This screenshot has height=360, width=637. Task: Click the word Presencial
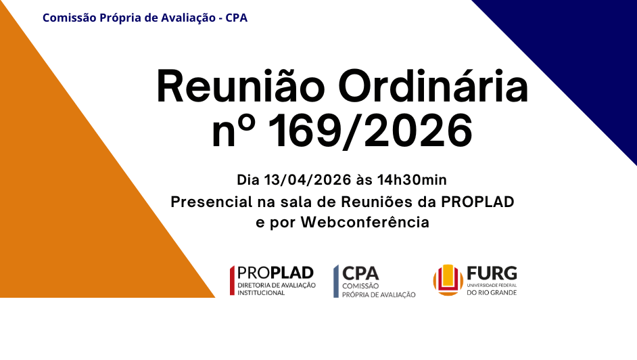pos(207,202)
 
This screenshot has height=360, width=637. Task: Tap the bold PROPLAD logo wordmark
pos(276,272)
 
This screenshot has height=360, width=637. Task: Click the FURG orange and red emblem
pos(448,280)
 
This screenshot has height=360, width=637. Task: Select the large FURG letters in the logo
pos(492,273)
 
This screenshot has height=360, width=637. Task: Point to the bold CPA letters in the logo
pos(360,273)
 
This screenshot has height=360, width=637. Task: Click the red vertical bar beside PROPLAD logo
pos(233,281)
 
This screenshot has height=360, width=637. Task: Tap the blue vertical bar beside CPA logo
pos(335,281)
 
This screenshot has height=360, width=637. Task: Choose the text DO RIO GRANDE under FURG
pos(492,292)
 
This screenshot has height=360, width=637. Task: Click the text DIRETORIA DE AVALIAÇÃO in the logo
pos(275,285)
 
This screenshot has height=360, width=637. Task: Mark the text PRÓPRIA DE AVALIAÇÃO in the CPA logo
pos(379,294)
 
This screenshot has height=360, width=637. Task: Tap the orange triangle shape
pos(81,203)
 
